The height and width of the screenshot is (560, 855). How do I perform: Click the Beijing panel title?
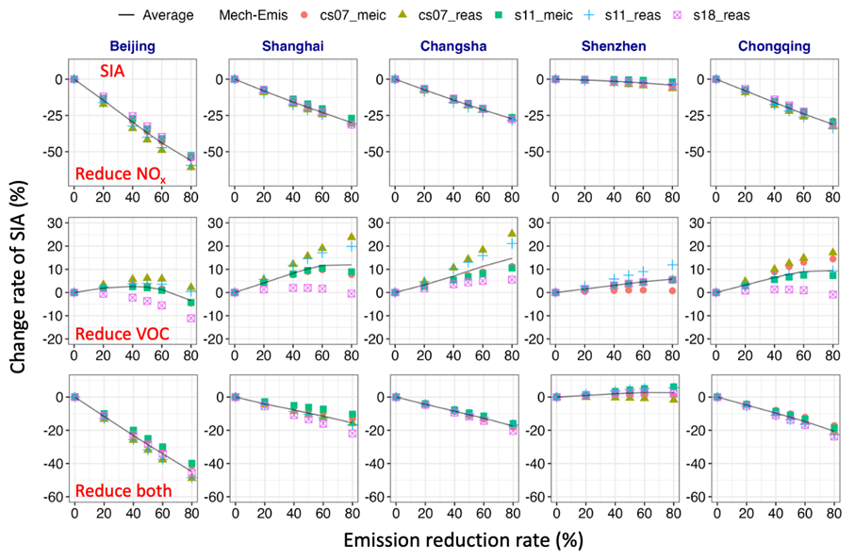click(132, 44)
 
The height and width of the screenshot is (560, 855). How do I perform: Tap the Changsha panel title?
click(452, 44)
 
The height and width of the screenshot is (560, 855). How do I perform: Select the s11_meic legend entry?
click(556, 15)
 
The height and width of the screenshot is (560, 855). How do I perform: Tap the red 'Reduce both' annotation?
click(123, 490)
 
